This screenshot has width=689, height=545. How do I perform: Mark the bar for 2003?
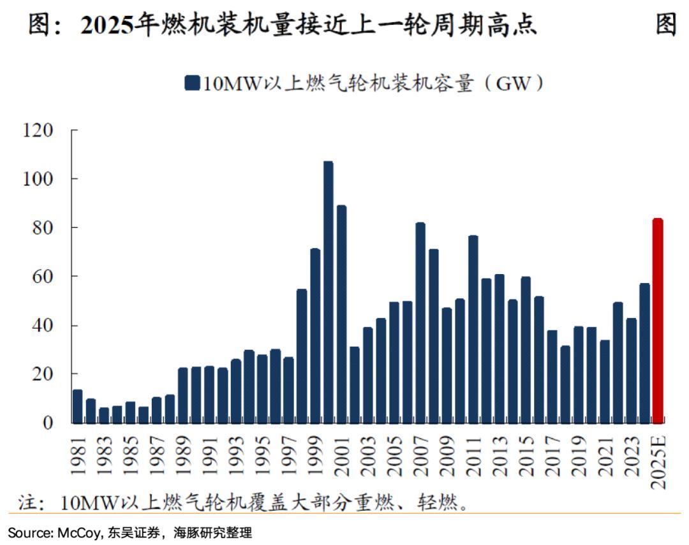click(x=367, y=375)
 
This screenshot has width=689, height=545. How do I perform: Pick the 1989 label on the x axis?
click(x=183, y=454)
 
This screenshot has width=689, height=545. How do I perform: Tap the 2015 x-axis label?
click(x=526, y=454)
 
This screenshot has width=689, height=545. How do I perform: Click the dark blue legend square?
click(x=191, y=84)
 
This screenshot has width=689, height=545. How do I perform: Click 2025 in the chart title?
click(x=103, y=25)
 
